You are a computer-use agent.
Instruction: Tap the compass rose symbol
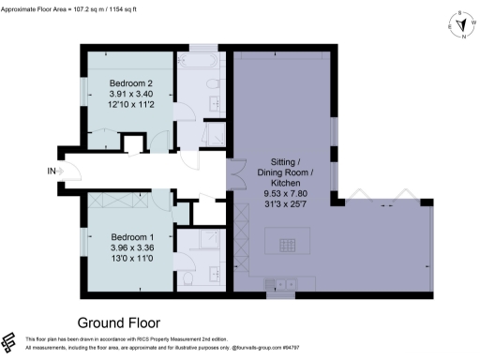click(x=461, y=25)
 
